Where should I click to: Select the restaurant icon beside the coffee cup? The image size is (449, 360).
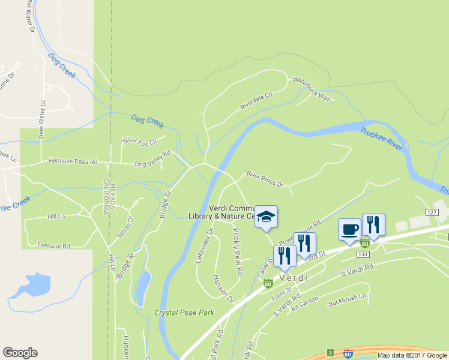[x=373, y=225]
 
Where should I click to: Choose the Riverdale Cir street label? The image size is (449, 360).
[x=256, y=101]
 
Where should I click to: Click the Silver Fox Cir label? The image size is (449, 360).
[x=139, y=141]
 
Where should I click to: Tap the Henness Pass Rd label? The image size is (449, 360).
[x=73, y=161]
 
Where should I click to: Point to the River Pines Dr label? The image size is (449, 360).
[x=265, y=179]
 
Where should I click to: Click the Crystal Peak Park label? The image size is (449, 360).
[x=184, y=313]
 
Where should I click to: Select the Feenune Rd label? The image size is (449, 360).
[x=54, y=246]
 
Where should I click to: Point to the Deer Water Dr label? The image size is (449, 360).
[x=42, y=120]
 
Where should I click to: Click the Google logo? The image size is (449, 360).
[x=20, y=353]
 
